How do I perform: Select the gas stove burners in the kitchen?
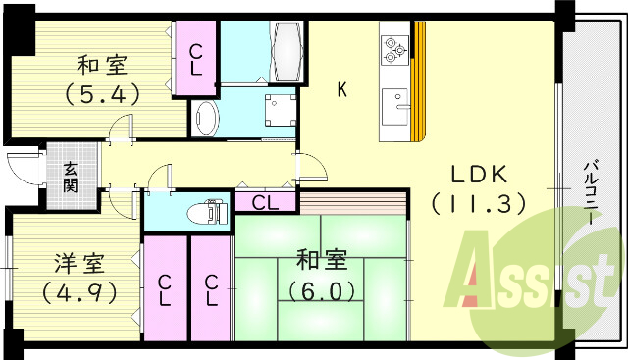coord(393,48)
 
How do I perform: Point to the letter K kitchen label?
coord(342,91)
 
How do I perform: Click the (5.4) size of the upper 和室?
coord(101,95)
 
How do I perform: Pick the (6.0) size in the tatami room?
coord(320,290)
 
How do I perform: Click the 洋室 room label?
coord(78,263)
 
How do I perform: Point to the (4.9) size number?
coord(78,292)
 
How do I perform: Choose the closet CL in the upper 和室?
coord(197,59)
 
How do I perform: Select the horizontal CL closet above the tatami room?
coord(265,203)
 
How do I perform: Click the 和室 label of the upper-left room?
coord(101,67)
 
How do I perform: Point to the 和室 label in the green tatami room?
coord(320,262)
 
